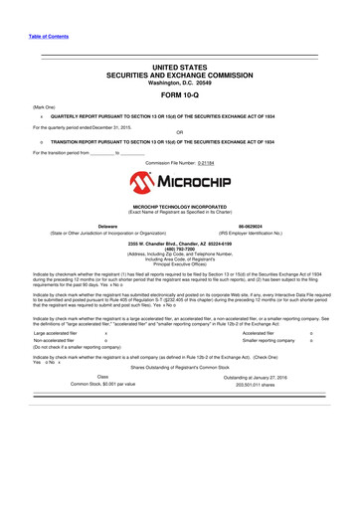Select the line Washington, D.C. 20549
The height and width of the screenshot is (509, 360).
(x=179, y=82)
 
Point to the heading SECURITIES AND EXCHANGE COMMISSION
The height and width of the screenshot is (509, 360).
(x=179, y=74)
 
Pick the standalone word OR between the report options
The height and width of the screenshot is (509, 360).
(x=179, y=133)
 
